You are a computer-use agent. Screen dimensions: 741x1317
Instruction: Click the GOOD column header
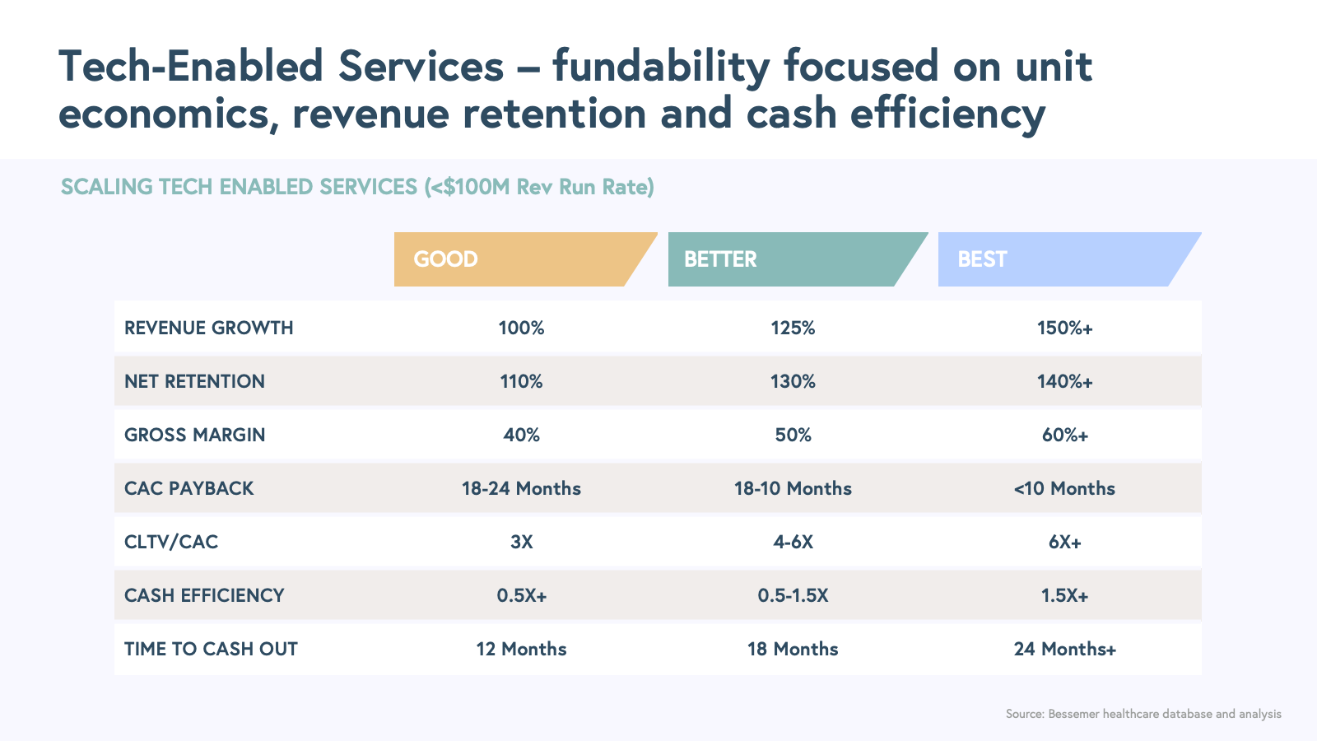pos(445,259)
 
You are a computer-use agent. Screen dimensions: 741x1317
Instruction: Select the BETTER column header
pos(720,259)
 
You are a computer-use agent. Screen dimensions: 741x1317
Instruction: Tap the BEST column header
pos(982,259)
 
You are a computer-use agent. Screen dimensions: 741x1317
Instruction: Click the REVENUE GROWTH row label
pos(209,328)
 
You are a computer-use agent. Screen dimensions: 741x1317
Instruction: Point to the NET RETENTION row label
pos(194,381)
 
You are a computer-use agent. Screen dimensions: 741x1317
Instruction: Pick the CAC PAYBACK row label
pos(189,488)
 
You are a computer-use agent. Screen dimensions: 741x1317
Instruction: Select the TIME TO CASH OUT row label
pos(211,649)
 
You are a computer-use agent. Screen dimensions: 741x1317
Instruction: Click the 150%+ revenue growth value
pos(1064,328)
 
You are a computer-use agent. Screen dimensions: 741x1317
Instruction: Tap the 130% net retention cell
pos(793,381)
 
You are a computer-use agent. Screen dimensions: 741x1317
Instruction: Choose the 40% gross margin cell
pos(521,435)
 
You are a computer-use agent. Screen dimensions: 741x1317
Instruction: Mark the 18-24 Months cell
pos(521,488)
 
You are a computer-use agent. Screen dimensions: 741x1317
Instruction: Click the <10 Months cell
pos(1064,488)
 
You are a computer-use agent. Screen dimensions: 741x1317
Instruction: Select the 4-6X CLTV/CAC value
pos(793,542)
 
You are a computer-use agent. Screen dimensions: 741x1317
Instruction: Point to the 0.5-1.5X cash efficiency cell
pos(793,595)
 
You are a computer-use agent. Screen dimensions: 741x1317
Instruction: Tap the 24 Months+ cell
pos(1064,649)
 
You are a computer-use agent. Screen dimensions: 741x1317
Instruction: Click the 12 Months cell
pos(521,649)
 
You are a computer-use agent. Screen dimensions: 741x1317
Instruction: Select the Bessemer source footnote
pos(1143,714)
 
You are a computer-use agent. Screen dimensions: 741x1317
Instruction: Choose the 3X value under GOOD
pos(521,542)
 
